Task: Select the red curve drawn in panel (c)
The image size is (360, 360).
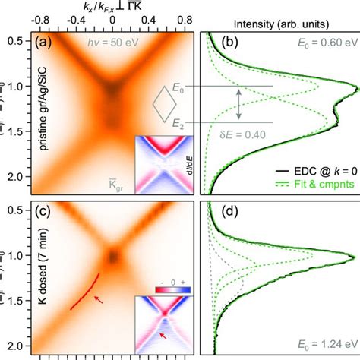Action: click(84, 291)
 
